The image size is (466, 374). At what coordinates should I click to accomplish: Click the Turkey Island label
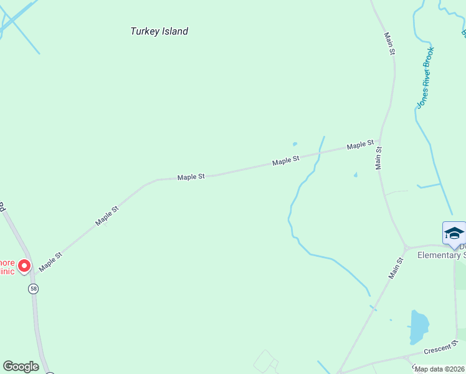coord(159,31)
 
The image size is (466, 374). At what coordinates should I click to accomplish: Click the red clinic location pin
coord(24,266)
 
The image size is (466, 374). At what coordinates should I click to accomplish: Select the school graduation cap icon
coord(454,234)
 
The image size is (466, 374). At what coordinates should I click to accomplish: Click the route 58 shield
coord(33,289)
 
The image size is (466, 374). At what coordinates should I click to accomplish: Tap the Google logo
coord(21,367)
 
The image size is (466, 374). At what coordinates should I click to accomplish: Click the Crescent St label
coord(441,347)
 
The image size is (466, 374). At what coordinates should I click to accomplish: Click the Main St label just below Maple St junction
coord(378,158)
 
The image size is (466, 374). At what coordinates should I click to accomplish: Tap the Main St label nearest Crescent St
coord(396,269)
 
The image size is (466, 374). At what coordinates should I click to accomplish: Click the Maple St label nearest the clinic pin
coord(51,262)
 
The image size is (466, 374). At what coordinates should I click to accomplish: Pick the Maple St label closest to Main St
coord(360,145)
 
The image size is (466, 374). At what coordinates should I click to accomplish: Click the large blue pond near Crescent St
coord(419,326)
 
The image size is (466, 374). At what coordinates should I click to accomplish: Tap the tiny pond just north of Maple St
coord(295,144)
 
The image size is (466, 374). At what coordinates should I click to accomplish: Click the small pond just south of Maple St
coord(356,175)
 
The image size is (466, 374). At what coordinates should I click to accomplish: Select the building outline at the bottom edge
coord(266,362)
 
